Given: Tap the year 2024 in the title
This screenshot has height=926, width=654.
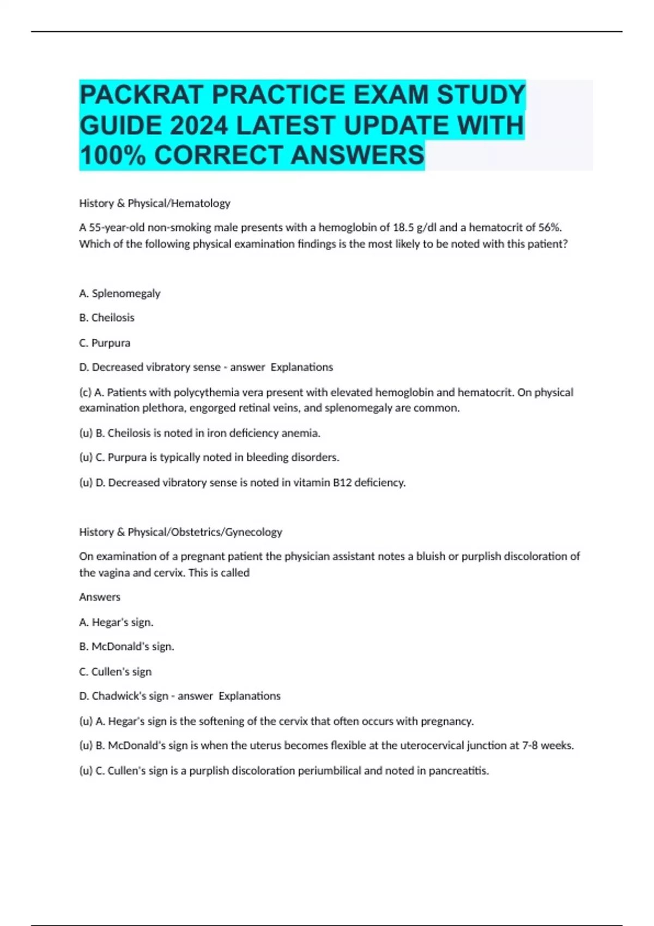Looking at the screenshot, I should click(198, 125).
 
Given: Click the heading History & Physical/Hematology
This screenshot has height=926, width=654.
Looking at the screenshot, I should click(155, 203).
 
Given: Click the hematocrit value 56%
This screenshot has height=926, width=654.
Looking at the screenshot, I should click(549, 227).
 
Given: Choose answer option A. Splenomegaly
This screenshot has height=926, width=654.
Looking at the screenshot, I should click(120, 294).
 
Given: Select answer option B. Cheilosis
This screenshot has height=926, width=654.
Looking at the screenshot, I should click(107, 318).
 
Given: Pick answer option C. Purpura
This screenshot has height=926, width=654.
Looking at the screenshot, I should click(105, 343).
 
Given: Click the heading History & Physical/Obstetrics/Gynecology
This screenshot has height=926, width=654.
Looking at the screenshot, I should click(180, 532).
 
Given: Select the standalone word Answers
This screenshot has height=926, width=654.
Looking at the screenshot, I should click(100, 597).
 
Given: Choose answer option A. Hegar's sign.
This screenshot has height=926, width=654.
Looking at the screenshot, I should click(116, 622).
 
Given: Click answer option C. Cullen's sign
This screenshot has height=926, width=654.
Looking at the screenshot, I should click(115, 672).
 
